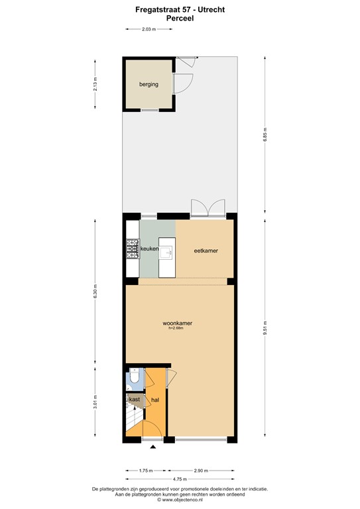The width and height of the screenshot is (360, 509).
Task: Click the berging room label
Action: pyautogui.click(x=149, y=85)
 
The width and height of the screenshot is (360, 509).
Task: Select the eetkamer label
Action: pyautogui.click(x=206, y=251)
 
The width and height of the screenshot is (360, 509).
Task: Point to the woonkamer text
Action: pyautogui.click(x=178, y=323)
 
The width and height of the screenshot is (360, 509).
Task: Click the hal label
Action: pyautogui.click(x=154, y=400)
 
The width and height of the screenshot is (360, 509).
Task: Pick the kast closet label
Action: pyautogui.click(x=134, y=399)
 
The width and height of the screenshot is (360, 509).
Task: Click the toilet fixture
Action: pyautogui.click(x=133, y=378)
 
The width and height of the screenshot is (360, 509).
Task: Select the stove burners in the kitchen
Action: pyautogui.click(x=129, y=249)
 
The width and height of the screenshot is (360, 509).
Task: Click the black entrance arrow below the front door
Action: pyautogui.click(x=154, y=448)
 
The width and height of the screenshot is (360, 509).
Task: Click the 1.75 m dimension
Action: pyautogui.click(x=146, y=470)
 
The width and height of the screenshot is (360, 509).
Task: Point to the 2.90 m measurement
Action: pyautogui.click(x=201, y=470)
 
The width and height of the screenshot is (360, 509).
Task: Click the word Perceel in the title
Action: pyautogui.click(x=180, y=19)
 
